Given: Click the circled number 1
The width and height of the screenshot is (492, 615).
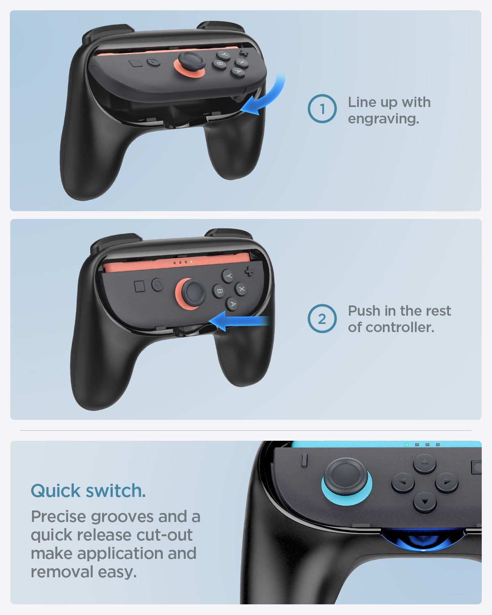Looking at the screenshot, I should tap(322, 109).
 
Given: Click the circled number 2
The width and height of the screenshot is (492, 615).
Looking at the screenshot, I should tap(322, 319).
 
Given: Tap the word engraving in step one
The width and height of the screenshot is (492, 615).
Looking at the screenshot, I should tap(383, 119).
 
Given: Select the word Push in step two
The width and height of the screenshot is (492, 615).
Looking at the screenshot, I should tap(364, 311).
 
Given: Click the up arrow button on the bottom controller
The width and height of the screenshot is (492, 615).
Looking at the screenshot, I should tap(424, 464).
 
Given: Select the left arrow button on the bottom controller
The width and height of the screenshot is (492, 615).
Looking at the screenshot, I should tap(403, 483).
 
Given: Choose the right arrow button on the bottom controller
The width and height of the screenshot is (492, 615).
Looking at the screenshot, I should tap(446, 483).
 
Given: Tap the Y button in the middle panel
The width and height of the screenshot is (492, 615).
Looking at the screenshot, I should tap(229, 276).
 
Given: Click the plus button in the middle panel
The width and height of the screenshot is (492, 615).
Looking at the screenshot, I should tap(249, 271).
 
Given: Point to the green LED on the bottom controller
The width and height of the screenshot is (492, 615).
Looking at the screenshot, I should tap(406, 444).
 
